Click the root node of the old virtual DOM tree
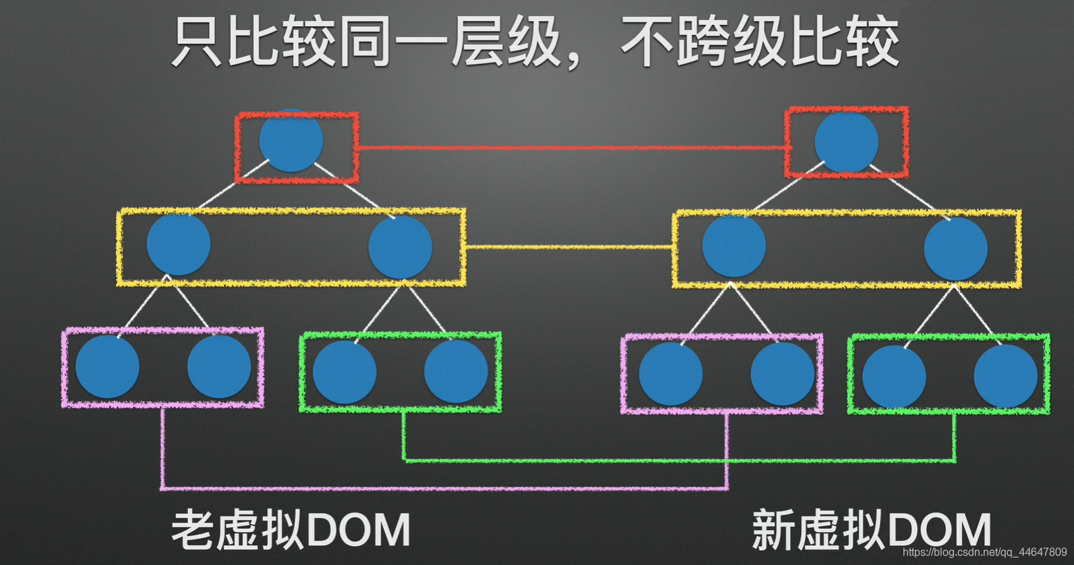pyautogui.click(x=291, y=141)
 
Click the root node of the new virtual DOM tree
pyautogui.click(x=846, y=142)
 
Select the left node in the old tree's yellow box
pyautogui.click(x=179, y=244)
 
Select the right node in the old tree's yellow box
pyautogui.click(x=400, y=246)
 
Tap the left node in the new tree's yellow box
pyautogui.click(x=734, y=245)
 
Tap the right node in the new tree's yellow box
pyautogui.click(x=955, y=248)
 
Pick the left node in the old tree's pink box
pyautogui.click(x=107, y=367)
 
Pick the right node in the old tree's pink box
pyautogui.click(x=219, y=367)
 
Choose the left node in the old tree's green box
pyautogui.click(x=345, y=372)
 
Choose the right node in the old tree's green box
pyautogui.click(x=456, y=371)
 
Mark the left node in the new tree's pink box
pyautogui.click(x=671, y=374)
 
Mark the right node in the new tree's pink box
pyautogui.click(x=782, y=374)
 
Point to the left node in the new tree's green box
pyautogui.click(x=894, y=376)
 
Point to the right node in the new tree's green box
pyautogui.click(x=1005, y=376)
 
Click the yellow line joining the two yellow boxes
pyautogui.click(x=570, y=247)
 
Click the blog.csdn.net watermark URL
pyautogui.click(x=984, y=552)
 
